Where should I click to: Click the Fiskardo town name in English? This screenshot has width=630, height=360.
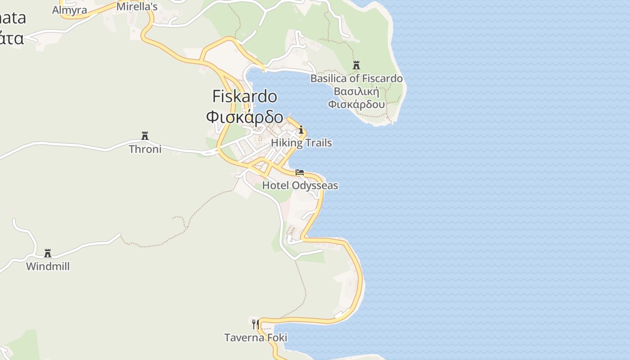[245, 96]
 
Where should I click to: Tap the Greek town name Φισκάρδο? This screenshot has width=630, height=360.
[245, 117]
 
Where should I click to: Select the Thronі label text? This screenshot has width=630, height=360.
[145, 149]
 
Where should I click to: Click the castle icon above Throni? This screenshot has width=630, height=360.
[145, 136]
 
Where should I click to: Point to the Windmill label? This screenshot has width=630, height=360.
[48, 266]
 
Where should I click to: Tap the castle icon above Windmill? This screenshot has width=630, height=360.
[48, 253]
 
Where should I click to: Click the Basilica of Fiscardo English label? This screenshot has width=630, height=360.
[356, 79]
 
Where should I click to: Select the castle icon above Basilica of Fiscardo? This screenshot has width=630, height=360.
[356, 66]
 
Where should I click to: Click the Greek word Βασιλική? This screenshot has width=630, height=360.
[356, 92]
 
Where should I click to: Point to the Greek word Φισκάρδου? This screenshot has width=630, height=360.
[356, 104]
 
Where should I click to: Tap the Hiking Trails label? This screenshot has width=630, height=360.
[301, 143]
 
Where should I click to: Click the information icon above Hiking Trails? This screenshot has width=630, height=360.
[301, 130]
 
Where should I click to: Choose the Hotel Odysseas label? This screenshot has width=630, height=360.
[300, 185]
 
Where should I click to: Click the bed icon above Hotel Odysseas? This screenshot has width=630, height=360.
[300, 172]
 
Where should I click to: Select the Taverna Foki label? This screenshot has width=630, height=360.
[256, 337]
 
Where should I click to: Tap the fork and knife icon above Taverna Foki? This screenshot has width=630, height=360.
[255, 324]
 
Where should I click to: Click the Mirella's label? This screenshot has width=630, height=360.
[137, 7]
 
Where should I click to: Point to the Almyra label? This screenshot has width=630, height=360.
[69, 10]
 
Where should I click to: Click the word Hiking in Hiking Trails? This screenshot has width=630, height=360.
[285, 143]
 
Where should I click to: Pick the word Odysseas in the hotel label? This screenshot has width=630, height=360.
[315, 185]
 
